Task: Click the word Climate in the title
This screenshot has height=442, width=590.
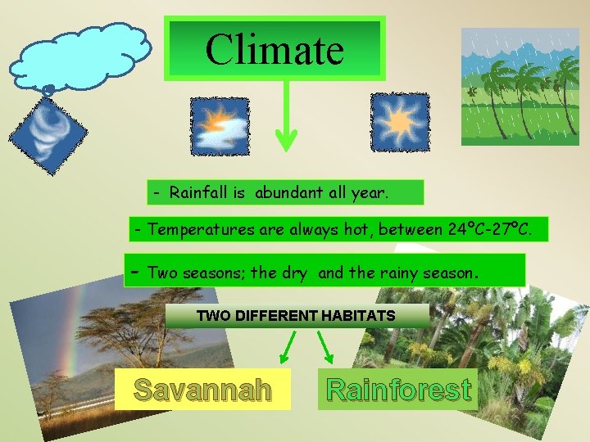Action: tap(274, 49)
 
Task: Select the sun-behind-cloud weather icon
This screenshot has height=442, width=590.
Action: tap(220, 126)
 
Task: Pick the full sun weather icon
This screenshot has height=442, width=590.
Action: tap(400, 122)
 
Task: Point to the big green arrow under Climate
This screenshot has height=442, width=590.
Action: tap(285, 119)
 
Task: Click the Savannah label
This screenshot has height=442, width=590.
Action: tap(202, 390)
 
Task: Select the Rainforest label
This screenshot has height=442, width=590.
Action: tap(398, 390)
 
